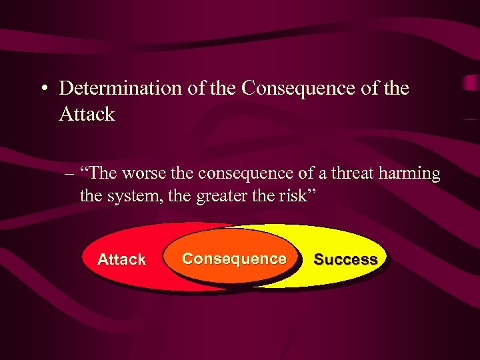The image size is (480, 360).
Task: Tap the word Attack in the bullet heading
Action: pos(87,115)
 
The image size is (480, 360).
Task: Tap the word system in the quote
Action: pos(132,197)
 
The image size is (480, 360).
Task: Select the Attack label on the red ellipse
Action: pos(121,259)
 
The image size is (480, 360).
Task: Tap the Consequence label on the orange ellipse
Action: pos(234,259)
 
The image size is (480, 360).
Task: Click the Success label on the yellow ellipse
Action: pos(345,259)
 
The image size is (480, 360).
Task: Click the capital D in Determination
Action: pos(65,89)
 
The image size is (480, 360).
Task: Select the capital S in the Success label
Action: pos(318,259)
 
